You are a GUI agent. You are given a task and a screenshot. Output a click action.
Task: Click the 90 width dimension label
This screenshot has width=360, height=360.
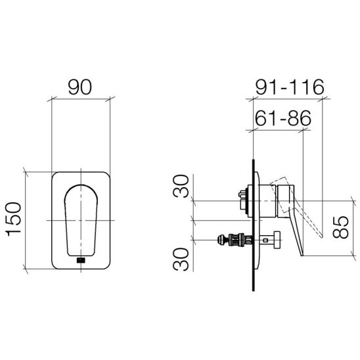[80, 87]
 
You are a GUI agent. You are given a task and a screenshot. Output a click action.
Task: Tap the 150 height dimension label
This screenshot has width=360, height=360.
[14, 219]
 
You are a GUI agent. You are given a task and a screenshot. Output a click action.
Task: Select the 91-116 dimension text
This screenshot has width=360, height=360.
[290, 87]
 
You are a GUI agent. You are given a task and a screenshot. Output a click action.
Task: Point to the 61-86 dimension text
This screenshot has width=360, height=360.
[283, 118]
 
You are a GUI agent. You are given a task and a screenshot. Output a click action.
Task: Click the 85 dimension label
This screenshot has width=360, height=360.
[341, 227]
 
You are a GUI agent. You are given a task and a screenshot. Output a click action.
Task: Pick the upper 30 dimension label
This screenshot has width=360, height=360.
[181, 186]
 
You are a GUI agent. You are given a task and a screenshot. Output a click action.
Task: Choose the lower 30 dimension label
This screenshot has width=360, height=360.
[181, 259]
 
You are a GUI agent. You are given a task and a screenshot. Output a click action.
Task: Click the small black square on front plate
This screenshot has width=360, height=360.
[81, 260]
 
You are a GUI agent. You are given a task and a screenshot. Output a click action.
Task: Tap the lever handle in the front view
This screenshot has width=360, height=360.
[81, 220]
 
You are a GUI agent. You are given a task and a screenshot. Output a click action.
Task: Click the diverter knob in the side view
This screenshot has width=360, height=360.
[277, 240]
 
